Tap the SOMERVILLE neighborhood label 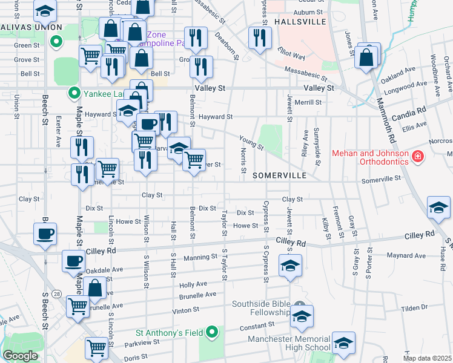[279, 175]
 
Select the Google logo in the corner [20, 356]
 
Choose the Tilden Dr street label [414, 308]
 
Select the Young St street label [251, 143]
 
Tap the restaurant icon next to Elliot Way [259, 39]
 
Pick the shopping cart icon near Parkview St [96, 348]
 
